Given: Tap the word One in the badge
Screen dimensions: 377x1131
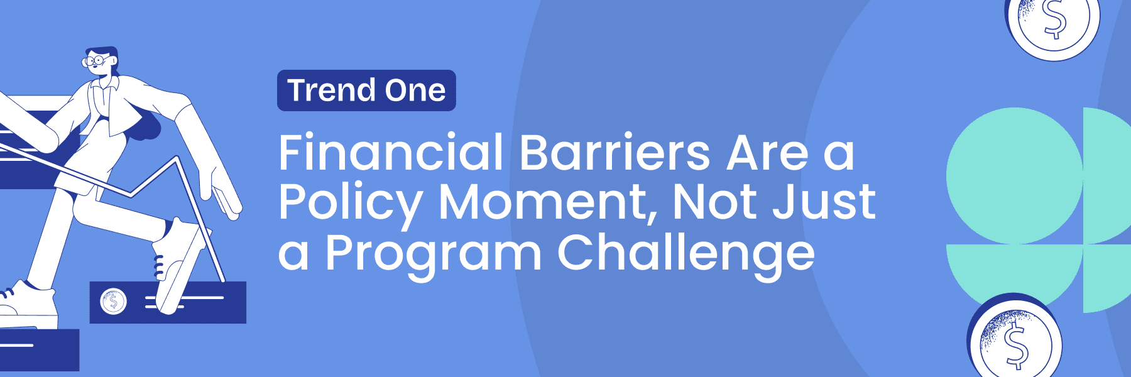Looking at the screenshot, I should pyautogui.click(x=415, y=90).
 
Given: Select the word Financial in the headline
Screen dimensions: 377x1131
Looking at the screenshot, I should pyautogui.click(x=391, y=153).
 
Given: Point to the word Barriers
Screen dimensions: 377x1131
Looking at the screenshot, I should pyautogui.click(x=615, y=153).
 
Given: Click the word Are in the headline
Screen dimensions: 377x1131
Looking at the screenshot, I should pyautogui.click(x=767, y=153).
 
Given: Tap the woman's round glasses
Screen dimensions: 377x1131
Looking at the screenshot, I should pyautogui.click(x=94, y=61).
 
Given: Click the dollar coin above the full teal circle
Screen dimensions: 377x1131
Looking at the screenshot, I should pyautogui.click(x=1054, y=22).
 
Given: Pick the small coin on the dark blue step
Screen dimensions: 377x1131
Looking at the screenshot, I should pyautogui.click(x=114, y=302).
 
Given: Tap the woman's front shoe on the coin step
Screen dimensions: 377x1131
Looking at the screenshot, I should pyautogui.click(x=177, y=264).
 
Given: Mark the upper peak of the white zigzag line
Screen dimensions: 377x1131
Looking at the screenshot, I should pyautogui.click(x=178, y=158).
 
